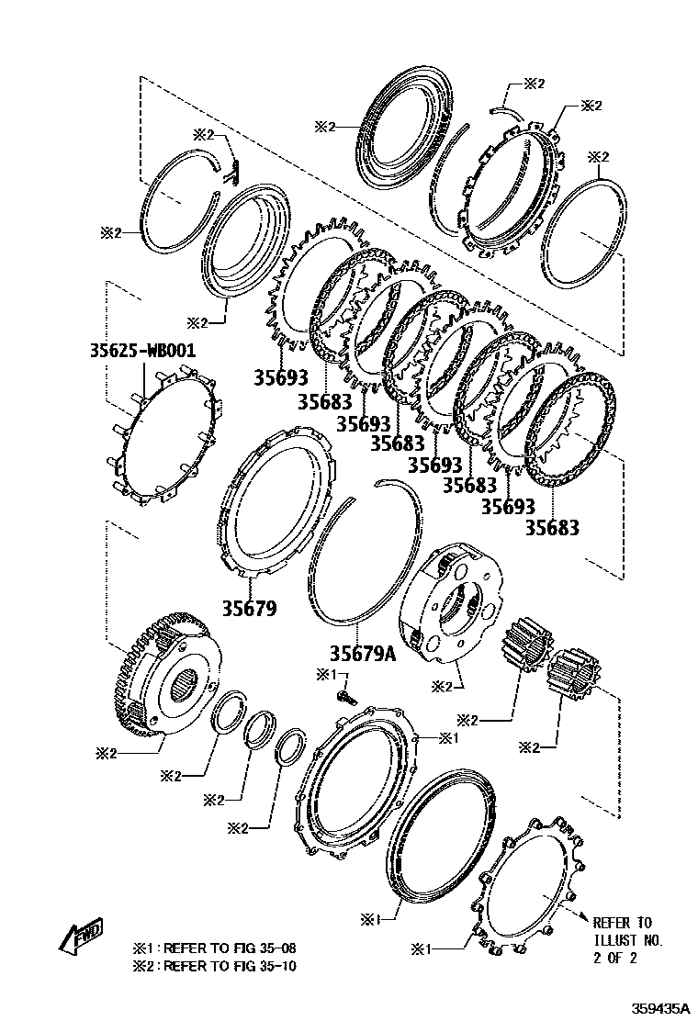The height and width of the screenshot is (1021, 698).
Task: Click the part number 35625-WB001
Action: click(142, 352)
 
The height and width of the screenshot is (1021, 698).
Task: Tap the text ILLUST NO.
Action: click(627, 941)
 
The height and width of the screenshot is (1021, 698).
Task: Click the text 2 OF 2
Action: click(614, 959)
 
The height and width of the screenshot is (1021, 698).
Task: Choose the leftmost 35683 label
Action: click(324, 401)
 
